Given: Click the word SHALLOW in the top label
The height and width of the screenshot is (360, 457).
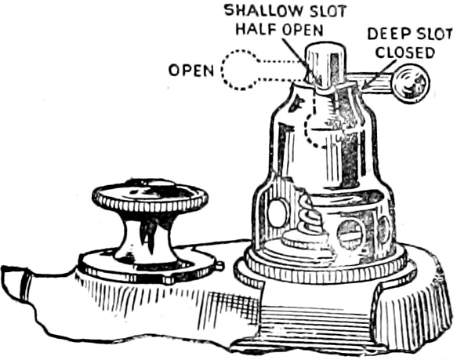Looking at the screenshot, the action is click(258, 11).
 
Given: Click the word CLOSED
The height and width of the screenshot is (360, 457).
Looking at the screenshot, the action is click(404, 53).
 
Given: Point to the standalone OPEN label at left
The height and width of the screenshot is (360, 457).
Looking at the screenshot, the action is click(191, 71).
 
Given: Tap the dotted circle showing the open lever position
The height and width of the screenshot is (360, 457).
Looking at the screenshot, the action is click(238, 70).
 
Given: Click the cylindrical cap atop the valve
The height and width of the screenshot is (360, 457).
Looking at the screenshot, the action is click(326, 65).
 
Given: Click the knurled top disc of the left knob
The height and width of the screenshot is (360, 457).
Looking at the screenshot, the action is click(150, 195).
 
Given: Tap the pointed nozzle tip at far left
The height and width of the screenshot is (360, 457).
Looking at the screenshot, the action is click(12, 282).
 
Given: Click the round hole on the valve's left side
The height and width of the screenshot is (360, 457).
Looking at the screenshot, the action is click(277, 213).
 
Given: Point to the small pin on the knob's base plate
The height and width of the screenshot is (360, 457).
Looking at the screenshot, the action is click(221, 265).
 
